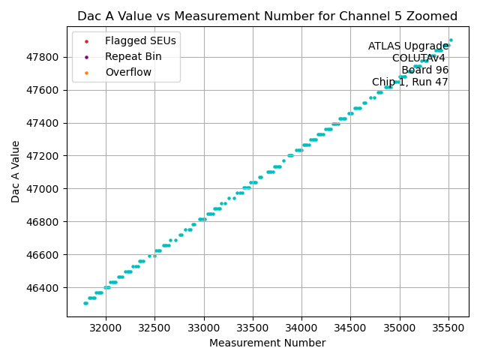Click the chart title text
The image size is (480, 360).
[x=267, y=16]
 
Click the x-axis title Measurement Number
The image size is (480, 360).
[x=267, y=343]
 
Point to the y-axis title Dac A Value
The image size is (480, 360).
[x=16, y=171]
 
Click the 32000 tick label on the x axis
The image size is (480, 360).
[x=105, y=328]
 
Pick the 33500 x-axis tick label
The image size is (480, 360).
[x=253, y=328]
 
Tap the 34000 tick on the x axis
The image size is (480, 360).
[x=301, y=328]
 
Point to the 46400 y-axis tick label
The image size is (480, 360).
[x=44, y=287]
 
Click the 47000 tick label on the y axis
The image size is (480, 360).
[x=44, y=189]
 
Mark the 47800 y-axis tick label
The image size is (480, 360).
[x=44, y=57]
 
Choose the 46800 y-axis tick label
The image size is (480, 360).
[x=44, y=222]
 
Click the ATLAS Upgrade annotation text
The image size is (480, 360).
[x=408, y=46]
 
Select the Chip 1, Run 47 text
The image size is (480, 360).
[x=410, y=82]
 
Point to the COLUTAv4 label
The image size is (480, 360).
[x=418, y=58]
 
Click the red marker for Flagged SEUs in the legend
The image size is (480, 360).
[x=86, y=40]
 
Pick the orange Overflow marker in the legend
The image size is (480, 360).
[x=86, y=72]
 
